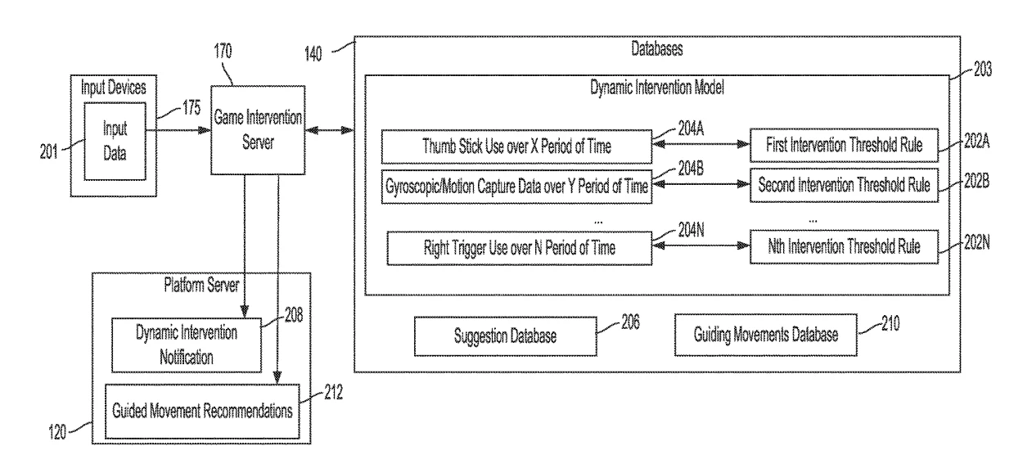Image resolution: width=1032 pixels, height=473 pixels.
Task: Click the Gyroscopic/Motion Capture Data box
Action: (x=516, y=186)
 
